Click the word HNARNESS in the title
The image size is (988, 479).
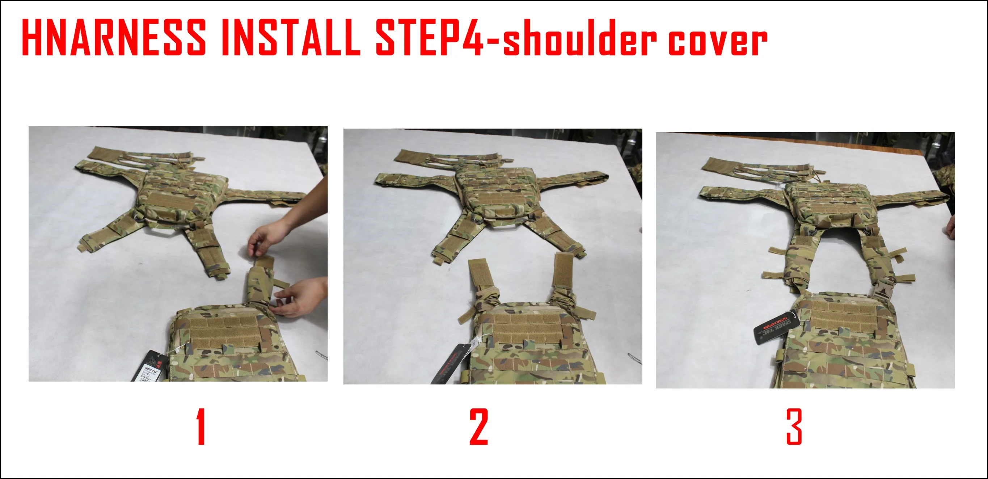pos(114,38)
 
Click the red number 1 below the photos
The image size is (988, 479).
pos(201,427)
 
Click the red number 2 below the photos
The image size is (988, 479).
pos(479,427)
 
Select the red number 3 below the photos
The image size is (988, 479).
pos(794,427)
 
